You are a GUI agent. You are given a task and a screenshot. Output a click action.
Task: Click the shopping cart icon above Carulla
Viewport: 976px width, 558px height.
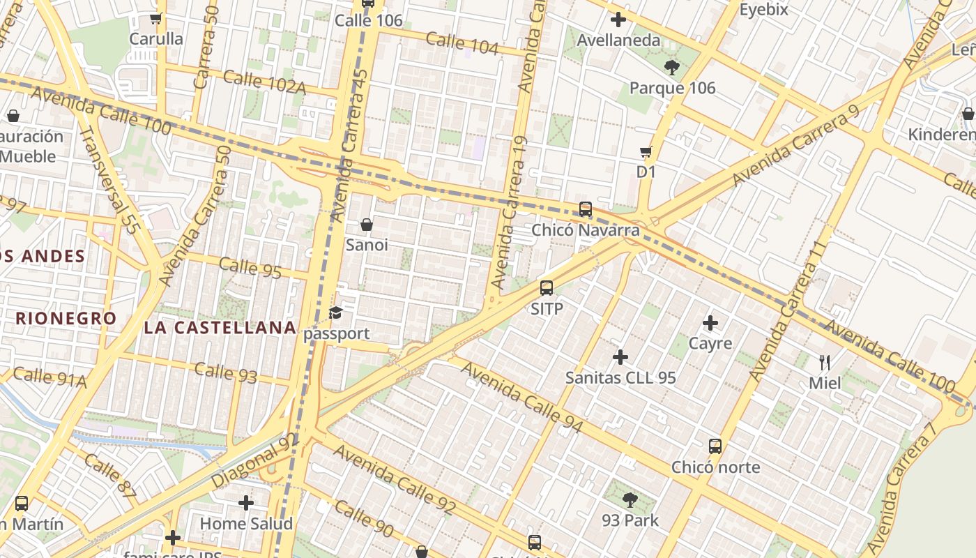(x=155, y=19)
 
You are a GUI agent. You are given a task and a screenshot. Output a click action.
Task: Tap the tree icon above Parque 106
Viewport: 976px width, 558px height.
(x=672, y=68)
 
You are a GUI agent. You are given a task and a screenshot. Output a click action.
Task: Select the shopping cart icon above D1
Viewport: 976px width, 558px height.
(x=646, y=151)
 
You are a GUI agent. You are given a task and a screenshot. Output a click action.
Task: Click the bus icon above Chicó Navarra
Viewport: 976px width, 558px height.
(x=586, y=209)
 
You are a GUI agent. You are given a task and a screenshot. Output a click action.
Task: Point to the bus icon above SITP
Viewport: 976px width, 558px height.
(x=547, y=288)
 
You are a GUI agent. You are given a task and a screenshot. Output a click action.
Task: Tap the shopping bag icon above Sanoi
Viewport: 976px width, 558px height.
(x=367, y=225)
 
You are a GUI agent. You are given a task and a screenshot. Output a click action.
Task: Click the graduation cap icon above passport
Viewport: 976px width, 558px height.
(x=336, y=312)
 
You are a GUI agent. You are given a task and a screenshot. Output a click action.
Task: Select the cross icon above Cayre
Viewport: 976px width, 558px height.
(x=710, y=323)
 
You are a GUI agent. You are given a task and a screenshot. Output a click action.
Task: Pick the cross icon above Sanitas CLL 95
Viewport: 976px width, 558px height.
(x=620, y=357)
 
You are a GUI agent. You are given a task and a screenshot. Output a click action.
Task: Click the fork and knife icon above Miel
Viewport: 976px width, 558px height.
(x=825, y=362)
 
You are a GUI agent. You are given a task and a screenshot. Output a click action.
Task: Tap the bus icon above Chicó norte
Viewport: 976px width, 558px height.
(x=715, y=446)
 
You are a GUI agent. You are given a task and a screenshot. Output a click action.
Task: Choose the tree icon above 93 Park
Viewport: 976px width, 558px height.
(x=630, y=500)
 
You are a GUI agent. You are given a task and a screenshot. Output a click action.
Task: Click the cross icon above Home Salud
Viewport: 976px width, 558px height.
(x=246, y=503)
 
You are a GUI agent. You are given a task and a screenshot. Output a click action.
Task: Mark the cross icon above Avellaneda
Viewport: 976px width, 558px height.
(x=618, y=20)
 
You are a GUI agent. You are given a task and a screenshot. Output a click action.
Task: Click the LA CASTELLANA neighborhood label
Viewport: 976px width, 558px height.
(x=220, y=327)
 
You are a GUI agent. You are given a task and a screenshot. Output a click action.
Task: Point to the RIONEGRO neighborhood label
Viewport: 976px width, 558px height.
(x=66, y=319)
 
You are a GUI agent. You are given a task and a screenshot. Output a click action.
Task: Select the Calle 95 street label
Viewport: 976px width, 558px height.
(x=250, y=268)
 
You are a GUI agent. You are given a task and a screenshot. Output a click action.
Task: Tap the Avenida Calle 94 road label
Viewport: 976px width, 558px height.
(x=521, y=398)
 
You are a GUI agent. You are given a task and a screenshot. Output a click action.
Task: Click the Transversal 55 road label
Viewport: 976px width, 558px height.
(x=109, y=179)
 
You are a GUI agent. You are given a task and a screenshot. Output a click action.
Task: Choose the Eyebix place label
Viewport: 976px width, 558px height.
(x=763, y=10)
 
